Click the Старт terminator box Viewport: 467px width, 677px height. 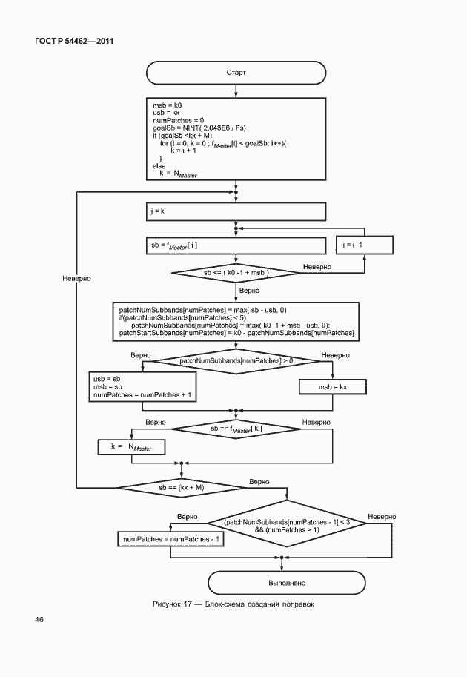[x=236, y=73]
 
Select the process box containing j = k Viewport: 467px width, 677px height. [x=236, y=211]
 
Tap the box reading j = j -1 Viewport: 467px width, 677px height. [x=364, y=245]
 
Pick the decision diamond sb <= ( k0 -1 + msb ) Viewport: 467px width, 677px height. [x=236, y=274]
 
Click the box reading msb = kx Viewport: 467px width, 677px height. [x=332, y=387]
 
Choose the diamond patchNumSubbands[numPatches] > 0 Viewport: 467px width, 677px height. [x=236, y=360]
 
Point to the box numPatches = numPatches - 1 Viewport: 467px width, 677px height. [x=173, y=539]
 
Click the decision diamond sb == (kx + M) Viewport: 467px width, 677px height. [x=181, y=487]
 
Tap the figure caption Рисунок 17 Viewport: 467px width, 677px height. [x=233, y=604]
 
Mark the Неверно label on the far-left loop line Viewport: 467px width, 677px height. [x=76, y=278]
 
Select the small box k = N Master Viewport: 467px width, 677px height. [x=131, y=447]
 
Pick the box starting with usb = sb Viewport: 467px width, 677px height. [x=144, y=387]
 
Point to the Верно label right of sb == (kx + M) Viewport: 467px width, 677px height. [x=259, y=481]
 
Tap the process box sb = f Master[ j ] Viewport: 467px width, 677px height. [x=236, y=245]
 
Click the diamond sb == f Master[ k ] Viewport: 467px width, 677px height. [x=236, y=429]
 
